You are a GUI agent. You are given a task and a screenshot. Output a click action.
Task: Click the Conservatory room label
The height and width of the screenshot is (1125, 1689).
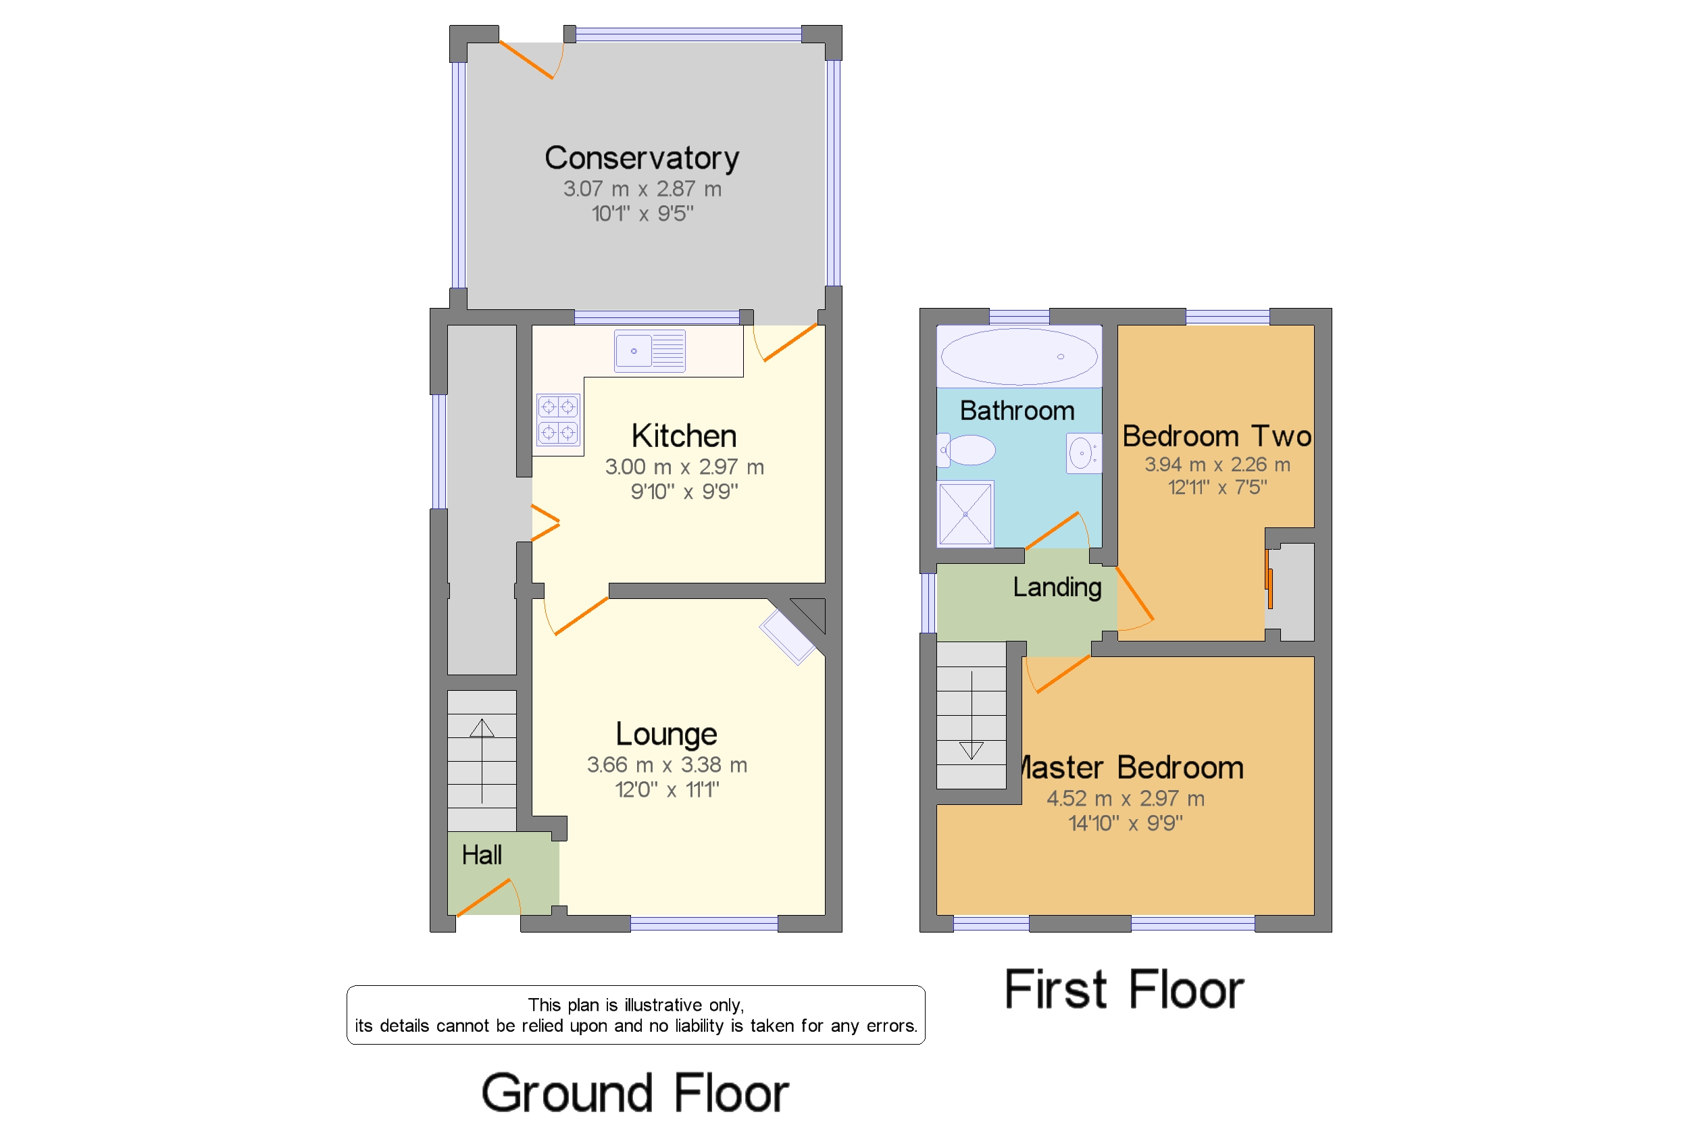(x=641, y=158)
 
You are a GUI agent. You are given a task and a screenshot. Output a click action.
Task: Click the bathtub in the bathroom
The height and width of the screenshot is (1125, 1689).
(x=1019, y=356)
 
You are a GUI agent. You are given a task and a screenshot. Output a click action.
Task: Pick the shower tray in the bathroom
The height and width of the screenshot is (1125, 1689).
(x=965, y=514)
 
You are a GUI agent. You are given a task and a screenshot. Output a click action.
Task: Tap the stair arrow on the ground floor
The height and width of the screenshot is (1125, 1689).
(x=482, y=760)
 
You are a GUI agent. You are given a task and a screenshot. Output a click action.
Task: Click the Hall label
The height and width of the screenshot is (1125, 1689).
(x=482, y=854)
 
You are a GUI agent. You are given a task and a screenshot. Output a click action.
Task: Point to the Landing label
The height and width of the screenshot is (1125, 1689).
(x=1057, y=587)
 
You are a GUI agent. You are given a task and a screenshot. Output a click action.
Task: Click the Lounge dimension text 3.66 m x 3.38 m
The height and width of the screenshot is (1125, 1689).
(x=667, y=765)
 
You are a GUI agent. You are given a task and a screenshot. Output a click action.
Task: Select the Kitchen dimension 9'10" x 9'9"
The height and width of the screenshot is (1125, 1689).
(x=684, y=492)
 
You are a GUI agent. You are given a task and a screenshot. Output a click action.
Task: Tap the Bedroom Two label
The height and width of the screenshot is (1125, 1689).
(x=1217, y=436)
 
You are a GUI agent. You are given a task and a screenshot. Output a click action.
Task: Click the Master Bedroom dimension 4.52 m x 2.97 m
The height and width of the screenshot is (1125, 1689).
(x=1125, y=799)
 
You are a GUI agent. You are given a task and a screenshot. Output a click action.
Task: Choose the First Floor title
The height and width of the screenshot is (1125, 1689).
(x=1124, y=989)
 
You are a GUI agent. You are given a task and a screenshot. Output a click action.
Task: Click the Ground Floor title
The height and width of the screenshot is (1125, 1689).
(x=634, y=1092)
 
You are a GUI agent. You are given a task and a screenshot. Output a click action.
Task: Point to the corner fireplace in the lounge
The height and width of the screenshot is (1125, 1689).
(x=794, y=631)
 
